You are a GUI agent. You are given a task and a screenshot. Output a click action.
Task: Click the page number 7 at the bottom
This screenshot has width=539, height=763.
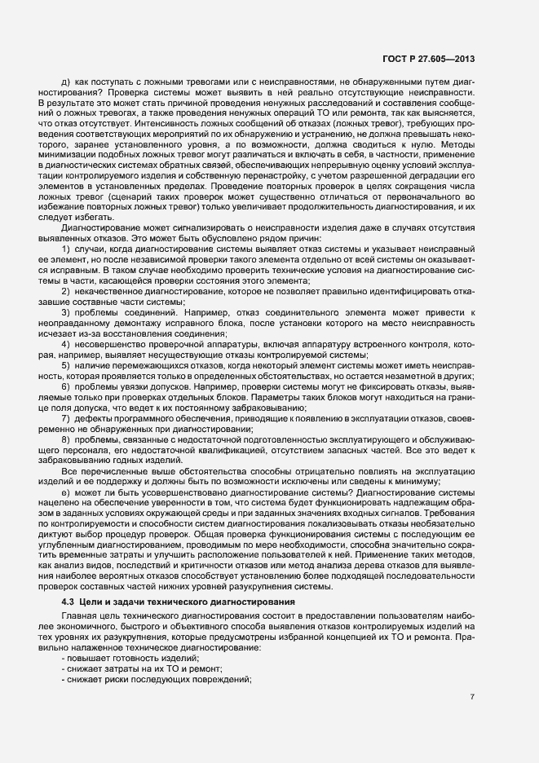(473, 696)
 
